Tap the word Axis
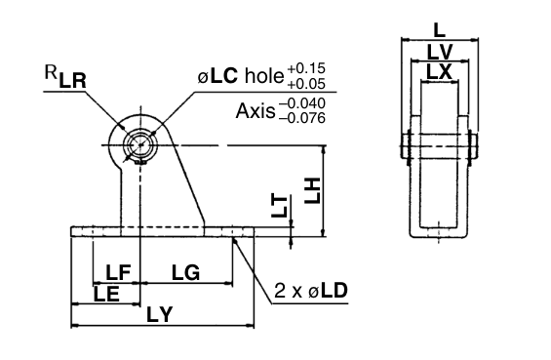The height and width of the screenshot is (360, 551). [x=255, y=110]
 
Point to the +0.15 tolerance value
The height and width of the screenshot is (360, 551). [x=307, y=67]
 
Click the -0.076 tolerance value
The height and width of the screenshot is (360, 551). [x=302, y=119]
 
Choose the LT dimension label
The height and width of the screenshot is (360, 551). [x=280, y=206]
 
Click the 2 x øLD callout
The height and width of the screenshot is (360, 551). [x=311, y=291]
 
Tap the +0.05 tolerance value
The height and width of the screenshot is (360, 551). [x=307, y=85]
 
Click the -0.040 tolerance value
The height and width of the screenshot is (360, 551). [x=302, y=102]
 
